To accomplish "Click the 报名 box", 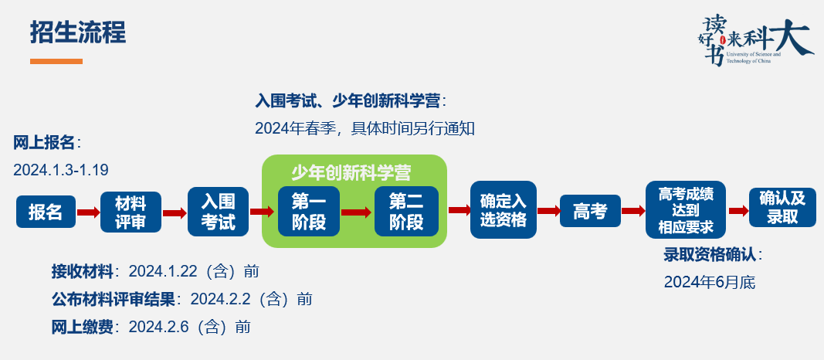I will tap(46, 212).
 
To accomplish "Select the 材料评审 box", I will tap(131, 212).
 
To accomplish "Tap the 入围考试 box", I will tap(219, 211).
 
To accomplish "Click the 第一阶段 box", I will tap(308, 211).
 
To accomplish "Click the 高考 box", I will tap(591, 211).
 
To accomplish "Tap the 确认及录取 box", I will tap(782, 207).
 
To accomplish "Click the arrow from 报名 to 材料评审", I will tap(88, 212).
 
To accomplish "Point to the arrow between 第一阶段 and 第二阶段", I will tap(357, 212).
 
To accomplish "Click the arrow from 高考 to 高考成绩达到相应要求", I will tap(633, 211).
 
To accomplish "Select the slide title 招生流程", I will tap(78, 32).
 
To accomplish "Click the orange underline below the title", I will tap(56, 61).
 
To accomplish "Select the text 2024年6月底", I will tap(709, 283).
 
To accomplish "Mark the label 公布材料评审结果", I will tap(114, 299).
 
